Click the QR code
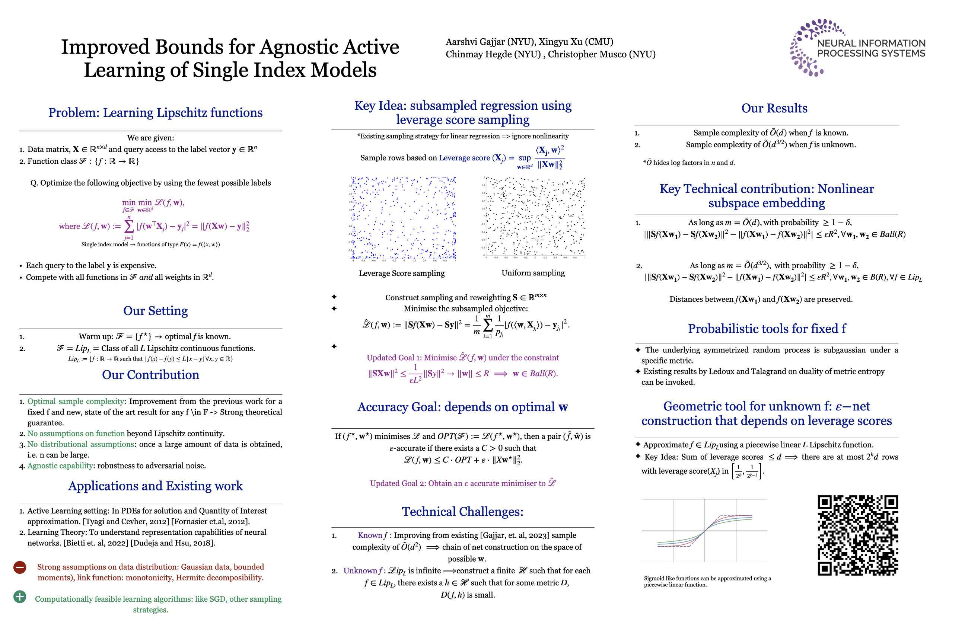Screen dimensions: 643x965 click(x=857, y=535)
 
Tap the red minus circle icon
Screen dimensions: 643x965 click(x=20, y=567)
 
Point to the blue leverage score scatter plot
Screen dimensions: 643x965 click(x=404, y=218)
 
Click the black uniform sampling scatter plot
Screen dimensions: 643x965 click(x=534, y=217)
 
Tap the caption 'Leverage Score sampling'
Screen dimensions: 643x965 click(x=402, y=273)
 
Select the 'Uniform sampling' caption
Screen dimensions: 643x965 click(x=533, y=273)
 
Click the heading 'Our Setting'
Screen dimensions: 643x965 click(x=156, y=311)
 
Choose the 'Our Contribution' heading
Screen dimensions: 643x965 click(x=150, y=375)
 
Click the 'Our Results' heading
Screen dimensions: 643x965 click(x=774, y=108)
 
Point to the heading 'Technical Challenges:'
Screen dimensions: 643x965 click(x=462, y=512)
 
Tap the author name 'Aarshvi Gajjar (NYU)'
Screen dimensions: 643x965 click(x=490, y=42)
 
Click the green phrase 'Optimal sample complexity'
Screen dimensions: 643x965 click(x=76, y=401)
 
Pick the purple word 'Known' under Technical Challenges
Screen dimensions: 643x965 click(x=370, y=535)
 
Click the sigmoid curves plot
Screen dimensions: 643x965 click(x=704, y=531)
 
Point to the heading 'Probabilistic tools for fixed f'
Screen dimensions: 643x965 click(x=767, y=329)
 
